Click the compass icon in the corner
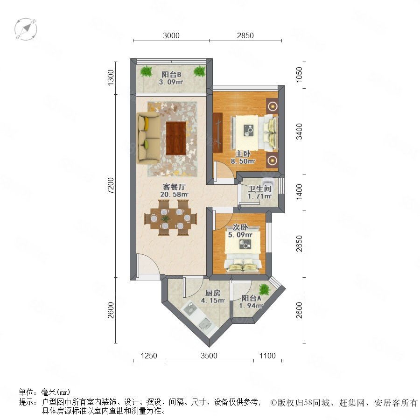point(26,29)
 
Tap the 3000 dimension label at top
point(171,35)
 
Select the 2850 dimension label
point(245,35)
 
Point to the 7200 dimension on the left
point(110,185)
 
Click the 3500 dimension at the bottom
point(209,356)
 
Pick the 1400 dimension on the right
point(299,192)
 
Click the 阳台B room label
point(171,75)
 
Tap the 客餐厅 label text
point(174,187)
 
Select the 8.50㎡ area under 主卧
point(243,161)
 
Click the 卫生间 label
point(259,189)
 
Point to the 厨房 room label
point(213,293)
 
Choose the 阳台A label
point(251,298)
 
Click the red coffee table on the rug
point(176,138)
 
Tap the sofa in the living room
point(149,138)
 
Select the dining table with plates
point(171,218)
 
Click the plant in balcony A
point(264,289)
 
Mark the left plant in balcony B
point(146,71)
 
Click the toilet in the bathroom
point(267,182)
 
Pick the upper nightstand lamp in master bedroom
point(272,106)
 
